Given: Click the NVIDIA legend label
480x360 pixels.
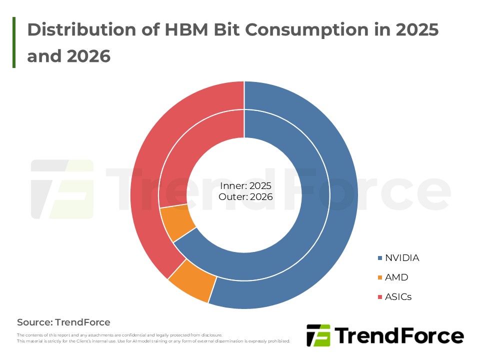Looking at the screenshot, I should coord(401,258).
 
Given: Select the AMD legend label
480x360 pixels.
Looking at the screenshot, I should coord(396,277).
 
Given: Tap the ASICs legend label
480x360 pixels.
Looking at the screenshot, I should coord(398,297).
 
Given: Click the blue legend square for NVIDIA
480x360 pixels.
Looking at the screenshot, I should coord(380,258).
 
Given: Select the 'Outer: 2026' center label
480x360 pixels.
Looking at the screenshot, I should coord(245,197).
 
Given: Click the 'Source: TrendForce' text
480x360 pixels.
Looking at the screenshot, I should coord(63,322).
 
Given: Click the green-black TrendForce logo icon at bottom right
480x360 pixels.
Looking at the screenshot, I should coord(318,335).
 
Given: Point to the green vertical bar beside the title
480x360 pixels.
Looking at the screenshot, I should coord(14,42).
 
